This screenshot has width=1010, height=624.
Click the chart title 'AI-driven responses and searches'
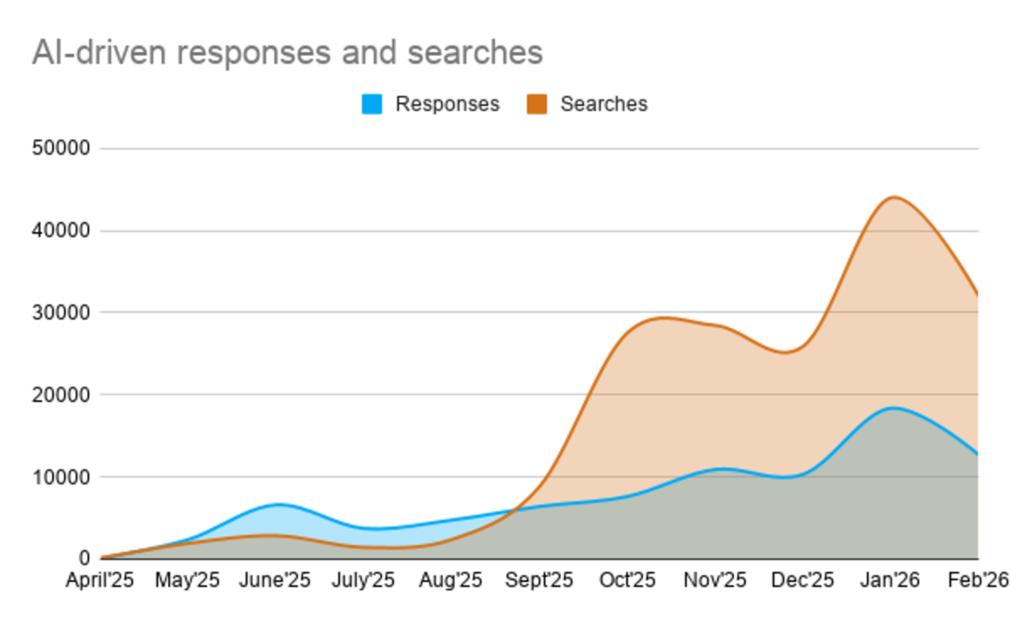click(287, 52)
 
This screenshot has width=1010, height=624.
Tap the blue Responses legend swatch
click(372, 104)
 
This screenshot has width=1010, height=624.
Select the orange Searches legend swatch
click(537, 104)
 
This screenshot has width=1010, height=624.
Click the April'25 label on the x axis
click(100, 580)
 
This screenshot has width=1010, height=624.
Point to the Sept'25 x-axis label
click(539, 580)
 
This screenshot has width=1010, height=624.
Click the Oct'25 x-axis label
click(627, 580)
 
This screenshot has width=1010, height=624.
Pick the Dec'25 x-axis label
click(802, 580)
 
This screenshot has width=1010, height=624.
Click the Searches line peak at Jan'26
click(892, 198)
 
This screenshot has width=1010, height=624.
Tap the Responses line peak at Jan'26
click(892, 408)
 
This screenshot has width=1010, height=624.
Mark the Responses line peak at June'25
click(279, 505)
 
